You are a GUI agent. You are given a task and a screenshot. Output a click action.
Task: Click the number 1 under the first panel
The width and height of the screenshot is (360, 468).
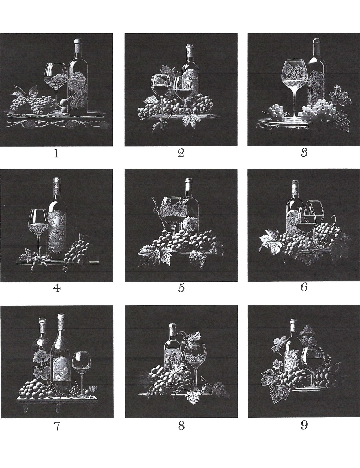tap(57, 153)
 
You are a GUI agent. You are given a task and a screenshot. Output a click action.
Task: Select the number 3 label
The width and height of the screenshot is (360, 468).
tap(304, 153)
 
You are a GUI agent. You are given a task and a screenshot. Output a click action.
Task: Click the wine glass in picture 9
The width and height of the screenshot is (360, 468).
tap(313, 366)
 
